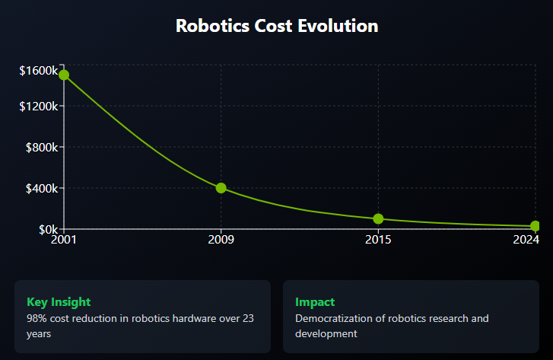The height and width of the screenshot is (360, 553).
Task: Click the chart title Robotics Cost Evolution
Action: [x=277, y=26]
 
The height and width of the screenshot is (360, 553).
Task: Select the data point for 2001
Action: [x=64, y=75]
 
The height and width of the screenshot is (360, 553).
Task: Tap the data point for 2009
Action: [x=221, y=188]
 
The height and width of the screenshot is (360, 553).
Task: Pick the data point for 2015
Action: [x=378, y=219]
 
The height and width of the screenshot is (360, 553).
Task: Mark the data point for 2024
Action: [x=536, y=226]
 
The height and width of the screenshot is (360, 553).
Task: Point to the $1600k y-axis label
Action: [x=39, y=71]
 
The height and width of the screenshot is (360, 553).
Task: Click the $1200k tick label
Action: [x=39, y=106]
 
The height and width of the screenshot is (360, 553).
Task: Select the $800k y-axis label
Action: [x=42, y=147]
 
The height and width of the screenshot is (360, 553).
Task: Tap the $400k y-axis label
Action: [x=42, y=188]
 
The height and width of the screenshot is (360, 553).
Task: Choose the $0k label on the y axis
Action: [x=47, y=229]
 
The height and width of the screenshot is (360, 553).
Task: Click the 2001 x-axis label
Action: [x=64, y=241]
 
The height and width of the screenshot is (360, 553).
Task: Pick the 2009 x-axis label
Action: [x=221, y=241]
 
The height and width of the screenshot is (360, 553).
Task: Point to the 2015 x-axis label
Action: [x=378, y=241]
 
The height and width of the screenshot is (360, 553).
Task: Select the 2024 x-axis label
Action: [x=526, y=241]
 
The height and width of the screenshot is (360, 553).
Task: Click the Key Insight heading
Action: [x=59, y=302]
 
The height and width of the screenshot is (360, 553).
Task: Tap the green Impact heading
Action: [x=315, y=302]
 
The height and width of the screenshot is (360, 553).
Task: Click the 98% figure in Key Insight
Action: [x=37, y=318]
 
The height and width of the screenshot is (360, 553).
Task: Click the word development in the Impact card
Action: [x=326, y=333]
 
